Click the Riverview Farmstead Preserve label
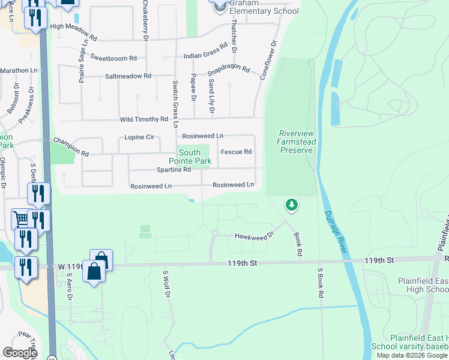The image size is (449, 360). (296, 142)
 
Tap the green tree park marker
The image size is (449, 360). (292, 206)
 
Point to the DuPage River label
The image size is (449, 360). (336, 231)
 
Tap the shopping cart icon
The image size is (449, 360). (20, 219)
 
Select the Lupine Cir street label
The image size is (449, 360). (139, 137)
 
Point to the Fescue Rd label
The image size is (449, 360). (236, 152)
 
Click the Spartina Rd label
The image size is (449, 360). (173, 169)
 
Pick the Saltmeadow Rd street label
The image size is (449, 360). (128, 76)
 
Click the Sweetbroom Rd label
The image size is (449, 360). (113, 58)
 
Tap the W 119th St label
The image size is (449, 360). (70, 266)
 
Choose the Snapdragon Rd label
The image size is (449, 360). (228, 69)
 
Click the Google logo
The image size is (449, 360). (20, 353)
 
